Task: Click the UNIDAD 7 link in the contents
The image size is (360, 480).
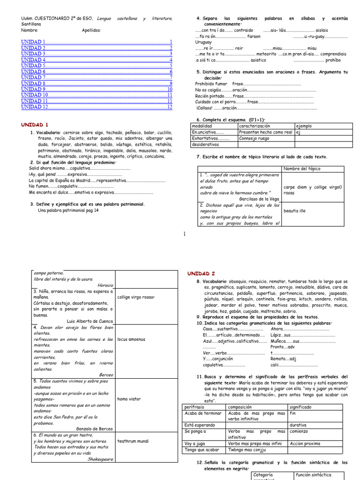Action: (33, 77)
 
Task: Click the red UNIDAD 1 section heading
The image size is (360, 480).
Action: (35, 125)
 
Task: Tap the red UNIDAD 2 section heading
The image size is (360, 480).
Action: (201, 273)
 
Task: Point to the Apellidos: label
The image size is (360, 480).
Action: (91, 30)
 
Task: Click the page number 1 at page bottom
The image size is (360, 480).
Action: (185, 234)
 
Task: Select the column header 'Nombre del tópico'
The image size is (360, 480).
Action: (301, 169)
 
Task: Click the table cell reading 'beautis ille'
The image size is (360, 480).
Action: (295, 211)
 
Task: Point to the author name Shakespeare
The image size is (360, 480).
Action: (100, 459)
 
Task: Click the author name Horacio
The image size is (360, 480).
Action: (105, 285)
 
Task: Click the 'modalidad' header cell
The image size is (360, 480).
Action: (202, 126)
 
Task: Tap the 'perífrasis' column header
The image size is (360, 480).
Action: (195, 407)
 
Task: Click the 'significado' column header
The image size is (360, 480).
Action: (301, 407)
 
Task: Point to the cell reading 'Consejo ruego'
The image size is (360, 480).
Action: (254, 138)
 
